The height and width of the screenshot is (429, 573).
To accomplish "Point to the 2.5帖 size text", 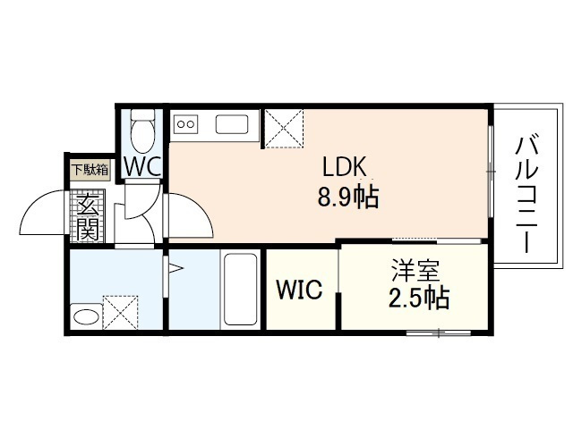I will (x=417, y=298).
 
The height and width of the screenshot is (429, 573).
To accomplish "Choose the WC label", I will (x=141, y=166).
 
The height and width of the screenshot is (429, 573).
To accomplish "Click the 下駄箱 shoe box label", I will (x=90, y=169).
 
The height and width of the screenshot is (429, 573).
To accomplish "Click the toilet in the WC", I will (x=141, y=132).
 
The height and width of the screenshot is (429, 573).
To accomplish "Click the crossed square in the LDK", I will (x=285, y=127).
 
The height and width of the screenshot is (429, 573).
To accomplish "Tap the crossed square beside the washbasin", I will (x=118, y=311).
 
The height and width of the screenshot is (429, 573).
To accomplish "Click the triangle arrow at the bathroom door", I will (x=174, y=266).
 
